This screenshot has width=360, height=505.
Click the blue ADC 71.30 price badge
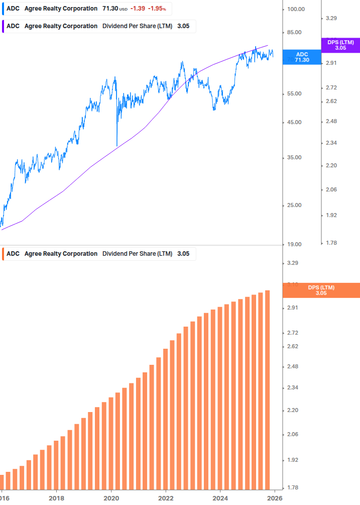coord(302,57)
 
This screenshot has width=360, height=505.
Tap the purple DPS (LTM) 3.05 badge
coord(340,45)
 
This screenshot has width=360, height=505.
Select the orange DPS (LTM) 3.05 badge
coord(321,290)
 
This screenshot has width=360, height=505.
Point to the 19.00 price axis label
coord(294,244)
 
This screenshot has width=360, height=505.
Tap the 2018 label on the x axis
coord(57,498)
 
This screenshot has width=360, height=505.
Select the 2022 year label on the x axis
coord(166,498)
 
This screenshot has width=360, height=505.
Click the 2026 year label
coord(274,498)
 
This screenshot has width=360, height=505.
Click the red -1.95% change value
coord(157,9)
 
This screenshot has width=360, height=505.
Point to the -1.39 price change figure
coord(137,9)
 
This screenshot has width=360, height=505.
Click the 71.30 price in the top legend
coord(109,9)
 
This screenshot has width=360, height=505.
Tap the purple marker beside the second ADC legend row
coord(4,26)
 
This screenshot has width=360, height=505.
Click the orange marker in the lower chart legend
coord(4,254)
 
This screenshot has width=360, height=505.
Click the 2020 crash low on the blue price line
coord(117,145)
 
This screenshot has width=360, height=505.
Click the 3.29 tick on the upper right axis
coord(331,18)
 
